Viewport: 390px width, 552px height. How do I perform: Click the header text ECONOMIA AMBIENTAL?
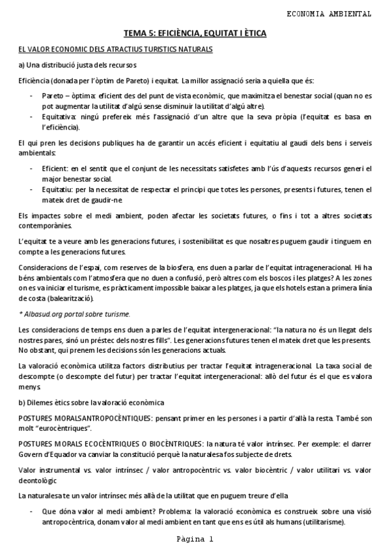pos(329,13)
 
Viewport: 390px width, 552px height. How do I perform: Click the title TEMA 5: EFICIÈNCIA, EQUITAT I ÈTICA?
pos(195,33)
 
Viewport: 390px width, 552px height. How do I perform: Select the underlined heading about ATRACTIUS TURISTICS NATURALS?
pos(115,49)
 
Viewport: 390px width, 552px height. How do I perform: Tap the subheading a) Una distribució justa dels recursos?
pos(77,65)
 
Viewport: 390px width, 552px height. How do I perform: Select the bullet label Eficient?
pos(57,169)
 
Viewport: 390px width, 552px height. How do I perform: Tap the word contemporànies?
pos(48,225)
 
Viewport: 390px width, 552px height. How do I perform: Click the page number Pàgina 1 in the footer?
pos(195,540)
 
